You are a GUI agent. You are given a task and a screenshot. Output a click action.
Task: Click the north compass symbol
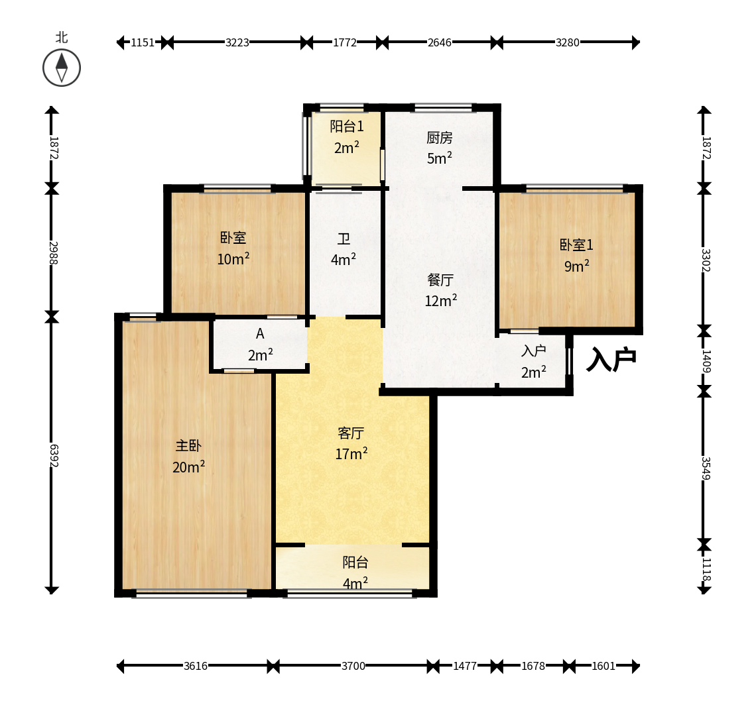(61, 68)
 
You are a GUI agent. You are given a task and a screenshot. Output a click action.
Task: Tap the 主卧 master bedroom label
(188, 446)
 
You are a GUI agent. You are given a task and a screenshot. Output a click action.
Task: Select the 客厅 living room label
(351, 433)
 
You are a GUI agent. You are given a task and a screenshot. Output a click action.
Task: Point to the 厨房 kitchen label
(439, 138)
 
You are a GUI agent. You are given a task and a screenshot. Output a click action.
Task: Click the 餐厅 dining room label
(440, 280)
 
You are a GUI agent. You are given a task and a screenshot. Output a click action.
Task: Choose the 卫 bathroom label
(344, 239)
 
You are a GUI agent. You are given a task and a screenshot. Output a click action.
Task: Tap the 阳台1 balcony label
(347, 127)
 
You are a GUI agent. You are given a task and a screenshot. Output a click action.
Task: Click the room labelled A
(260, 333)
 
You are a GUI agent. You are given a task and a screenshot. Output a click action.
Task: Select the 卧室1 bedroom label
(576, 244)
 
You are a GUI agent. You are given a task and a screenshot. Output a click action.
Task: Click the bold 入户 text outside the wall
(611, 359)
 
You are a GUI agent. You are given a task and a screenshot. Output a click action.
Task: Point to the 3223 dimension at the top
(237, 42)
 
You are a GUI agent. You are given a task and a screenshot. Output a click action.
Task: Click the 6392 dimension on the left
(54, 455)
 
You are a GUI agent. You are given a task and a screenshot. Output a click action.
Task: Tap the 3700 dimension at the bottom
(353, 666)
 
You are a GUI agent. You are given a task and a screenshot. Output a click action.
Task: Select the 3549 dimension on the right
(706, 468)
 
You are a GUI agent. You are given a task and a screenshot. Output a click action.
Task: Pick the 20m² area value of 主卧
(188, 467)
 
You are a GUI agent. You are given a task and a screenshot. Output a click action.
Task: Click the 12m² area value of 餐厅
(441, 301)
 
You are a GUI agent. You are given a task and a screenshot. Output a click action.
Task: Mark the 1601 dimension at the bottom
(603, 666)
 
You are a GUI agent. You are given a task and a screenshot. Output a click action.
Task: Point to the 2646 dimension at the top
(440, 42)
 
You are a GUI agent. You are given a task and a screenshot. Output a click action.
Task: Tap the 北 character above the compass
(61, 37)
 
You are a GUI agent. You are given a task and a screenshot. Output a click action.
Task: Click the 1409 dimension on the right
(706, 361)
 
